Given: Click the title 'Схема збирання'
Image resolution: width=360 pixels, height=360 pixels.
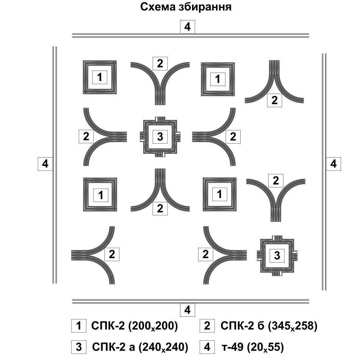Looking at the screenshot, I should click(x=186, y=7).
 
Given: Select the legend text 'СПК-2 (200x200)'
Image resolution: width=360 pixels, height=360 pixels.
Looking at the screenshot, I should click(x=135, y=326).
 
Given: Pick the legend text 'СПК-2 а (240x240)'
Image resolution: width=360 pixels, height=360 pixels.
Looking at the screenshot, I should click(x=140, y=347).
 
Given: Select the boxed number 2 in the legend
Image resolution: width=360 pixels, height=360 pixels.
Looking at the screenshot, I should click(x=207, y=326).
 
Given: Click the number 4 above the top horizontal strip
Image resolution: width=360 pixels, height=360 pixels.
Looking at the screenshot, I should click(x=187, y=27).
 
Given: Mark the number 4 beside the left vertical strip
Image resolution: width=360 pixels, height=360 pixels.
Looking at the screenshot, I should click(x=45, y=164).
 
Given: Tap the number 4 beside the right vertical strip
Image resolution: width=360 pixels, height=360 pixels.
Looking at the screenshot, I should click(x=333, y=164).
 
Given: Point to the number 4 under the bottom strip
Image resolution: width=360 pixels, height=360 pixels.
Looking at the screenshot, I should click(x=187, y=310).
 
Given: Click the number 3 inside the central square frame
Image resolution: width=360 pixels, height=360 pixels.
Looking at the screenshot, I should click(x=160, y=136).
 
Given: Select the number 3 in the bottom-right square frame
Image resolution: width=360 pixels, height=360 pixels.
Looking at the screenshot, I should click(x=277, y=256).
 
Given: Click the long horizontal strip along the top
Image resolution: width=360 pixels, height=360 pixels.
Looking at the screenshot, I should click(x=191, y=35).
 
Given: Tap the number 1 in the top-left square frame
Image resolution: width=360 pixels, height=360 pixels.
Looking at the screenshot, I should click(x=100, y=78).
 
